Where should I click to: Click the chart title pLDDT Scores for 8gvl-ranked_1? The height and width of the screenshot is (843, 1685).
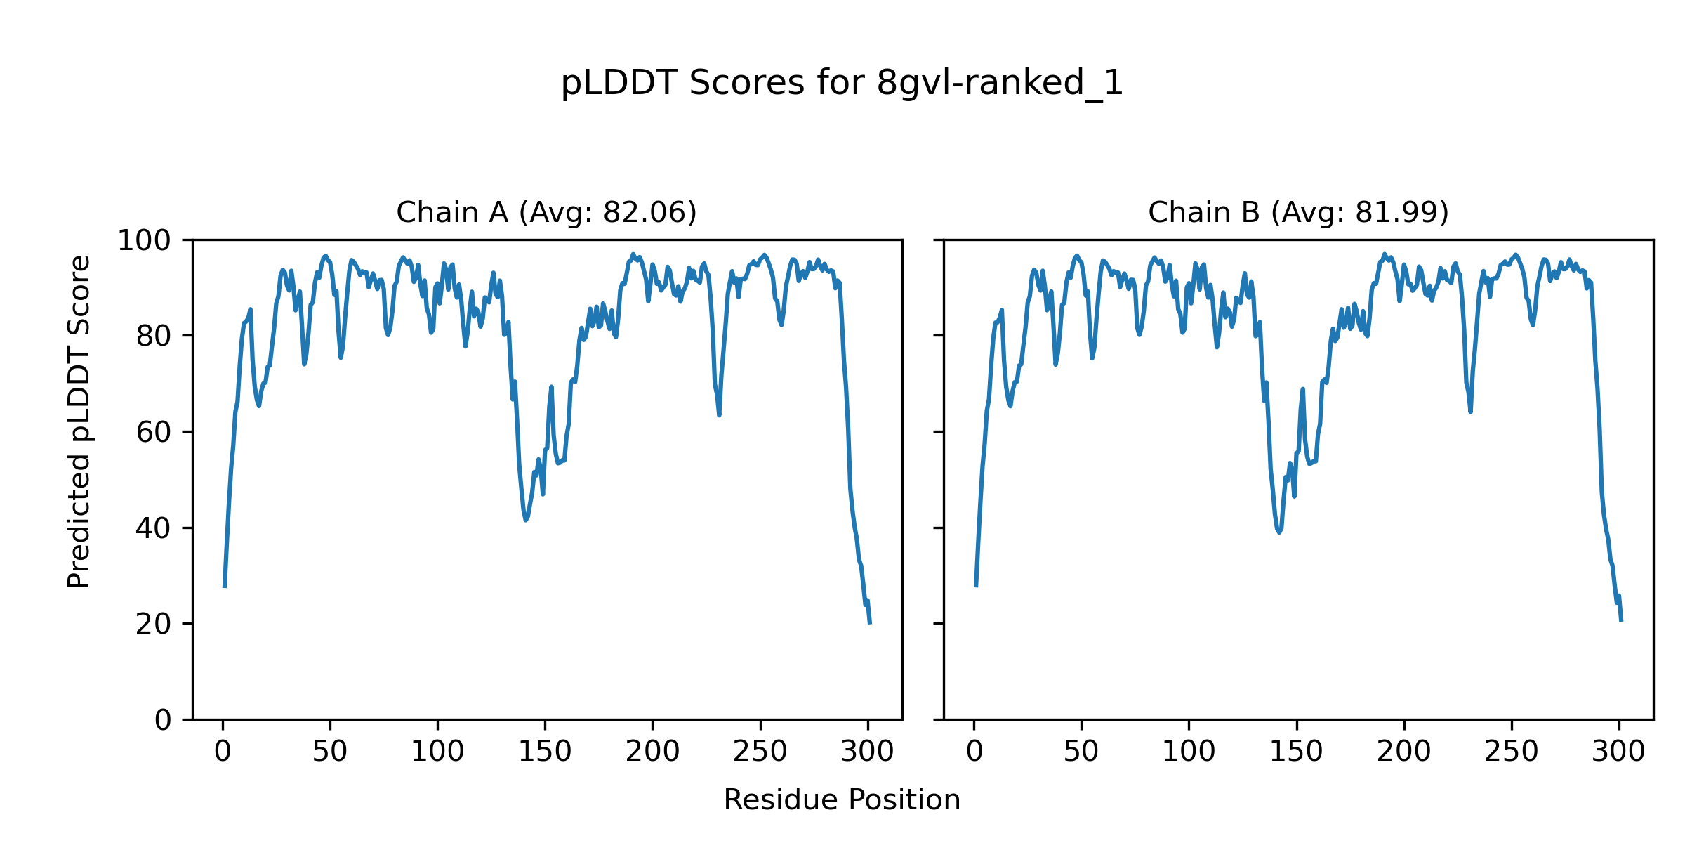(x=842, y=84)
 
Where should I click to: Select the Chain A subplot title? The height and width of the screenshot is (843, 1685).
(x=546, y=212)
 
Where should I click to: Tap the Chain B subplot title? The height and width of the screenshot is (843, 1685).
(x=1298, y=212)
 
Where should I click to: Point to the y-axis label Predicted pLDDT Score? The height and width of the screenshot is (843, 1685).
(x=79, y=421)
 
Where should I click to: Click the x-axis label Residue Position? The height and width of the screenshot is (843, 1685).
(x=842, y=800)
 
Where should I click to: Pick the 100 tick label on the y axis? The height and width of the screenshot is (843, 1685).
(x=144, y=241)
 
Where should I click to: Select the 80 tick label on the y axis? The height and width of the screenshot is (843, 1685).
(x=154, y=336)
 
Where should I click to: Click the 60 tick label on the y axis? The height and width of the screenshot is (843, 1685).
(x=154, y=432)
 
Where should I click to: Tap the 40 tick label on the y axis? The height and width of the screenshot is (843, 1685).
(x=154, y=528)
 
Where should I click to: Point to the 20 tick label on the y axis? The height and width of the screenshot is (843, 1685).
(x=154, y=624)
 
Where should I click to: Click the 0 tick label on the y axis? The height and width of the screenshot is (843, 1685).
(x=163, y=720)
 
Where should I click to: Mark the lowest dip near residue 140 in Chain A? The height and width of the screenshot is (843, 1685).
(x=526, y=520)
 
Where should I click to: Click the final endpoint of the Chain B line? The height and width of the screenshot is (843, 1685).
(x=1621, y=620)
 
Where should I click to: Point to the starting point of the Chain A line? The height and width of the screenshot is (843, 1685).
(x=224, y=587)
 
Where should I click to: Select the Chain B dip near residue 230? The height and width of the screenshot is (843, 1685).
(x=1470, y=412)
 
